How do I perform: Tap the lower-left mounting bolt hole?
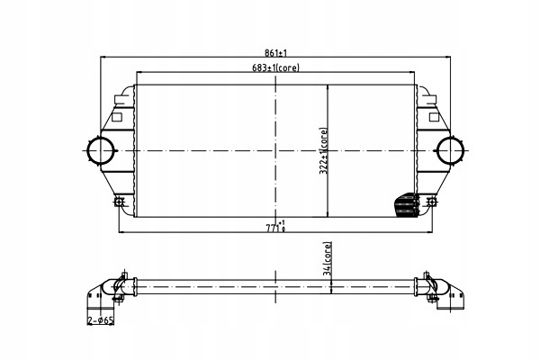coord(119,202)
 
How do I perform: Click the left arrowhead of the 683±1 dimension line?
coord(137,71)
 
